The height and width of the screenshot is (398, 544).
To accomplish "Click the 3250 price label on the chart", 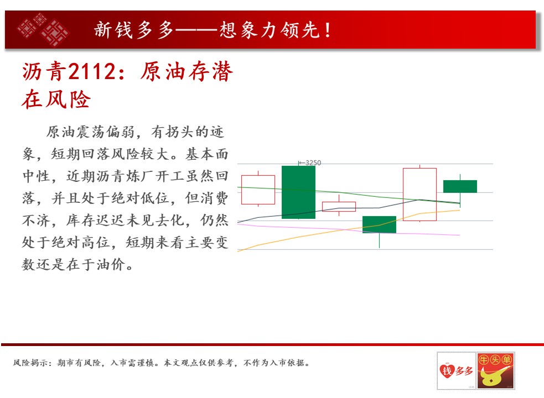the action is click(313, 163).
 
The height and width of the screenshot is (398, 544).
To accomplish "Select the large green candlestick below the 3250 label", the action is click(298, 192).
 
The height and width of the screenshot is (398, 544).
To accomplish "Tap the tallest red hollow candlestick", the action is click(420, 194).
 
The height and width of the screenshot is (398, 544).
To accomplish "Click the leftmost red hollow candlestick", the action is click(258, 190).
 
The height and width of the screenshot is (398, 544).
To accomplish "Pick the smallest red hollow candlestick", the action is click(339, 207).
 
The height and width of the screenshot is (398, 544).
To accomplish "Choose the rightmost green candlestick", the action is click(460, 186).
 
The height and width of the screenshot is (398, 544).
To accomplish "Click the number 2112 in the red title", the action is click(92, 71).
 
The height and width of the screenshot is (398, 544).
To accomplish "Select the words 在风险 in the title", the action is click(56, 99).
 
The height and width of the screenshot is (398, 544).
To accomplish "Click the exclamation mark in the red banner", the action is click(328, 30).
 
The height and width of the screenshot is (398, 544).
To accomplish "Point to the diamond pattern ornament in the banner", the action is click(44, 29).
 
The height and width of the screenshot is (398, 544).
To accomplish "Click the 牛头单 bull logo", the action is click(495, 370).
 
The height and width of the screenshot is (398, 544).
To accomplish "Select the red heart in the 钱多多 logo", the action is click(447, 370).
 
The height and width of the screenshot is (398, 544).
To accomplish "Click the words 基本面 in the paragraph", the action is click(207, 154).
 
